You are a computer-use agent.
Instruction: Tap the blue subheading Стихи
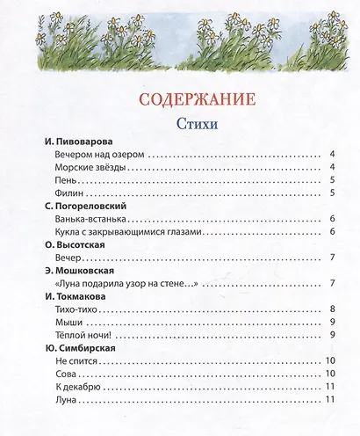coord(179,121)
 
